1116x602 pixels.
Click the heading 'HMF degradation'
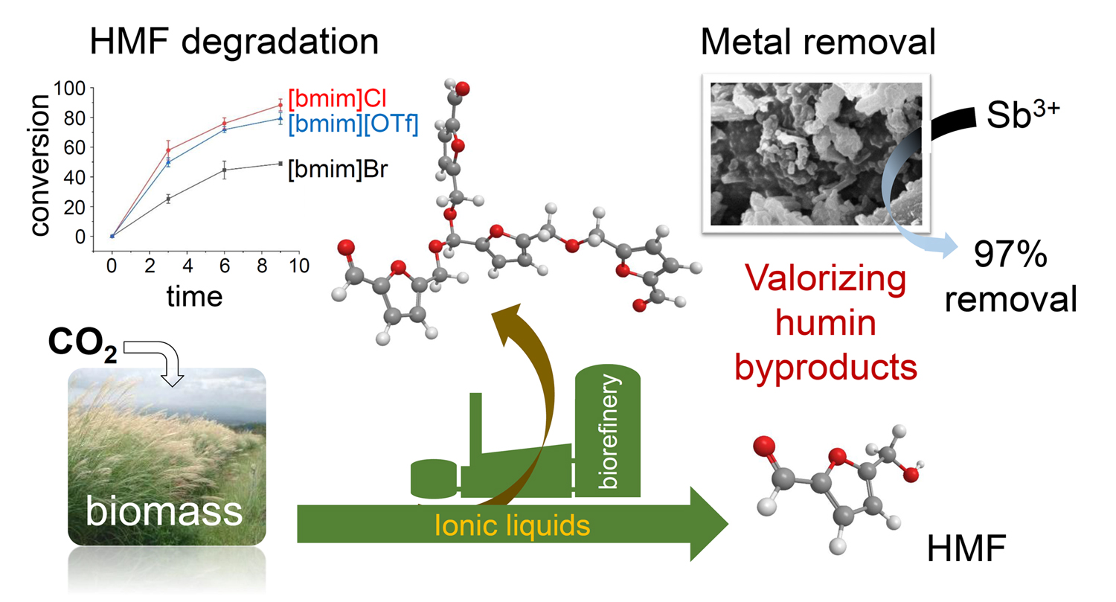click(234, 42)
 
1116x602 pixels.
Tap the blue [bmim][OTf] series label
click(353, 124)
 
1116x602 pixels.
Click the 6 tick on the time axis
click(224, 265)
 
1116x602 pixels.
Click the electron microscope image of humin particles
click(815, 153)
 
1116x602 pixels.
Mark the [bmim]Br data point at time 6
click(224, 170)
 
